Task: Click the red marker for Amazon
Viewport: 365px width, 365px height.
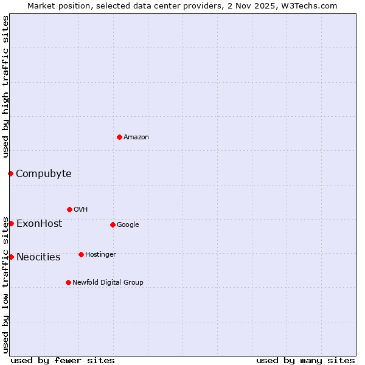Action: click(x=119, y=137)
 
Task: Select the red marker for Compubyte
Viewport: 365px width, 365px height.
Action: click(x=10, y=173)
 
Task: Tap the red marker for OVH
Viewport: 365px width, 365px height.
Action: click(x=69, y=209)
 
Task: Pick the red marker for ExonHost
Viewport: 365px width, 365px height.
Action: click(x=11, y=223)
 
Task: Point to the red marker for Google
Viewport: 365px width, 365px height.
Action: click(x=113, y=224)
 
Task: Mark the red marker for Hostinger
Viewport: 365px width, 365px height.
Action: click(x=81, y=254)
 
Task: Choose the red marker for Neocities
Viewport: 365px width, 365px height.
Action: click(x=11, y=257)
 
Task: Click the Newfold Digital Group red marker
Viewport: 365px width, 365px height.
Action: click(x=68, y=282)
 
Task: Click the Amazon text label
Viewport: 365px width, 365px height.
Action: click(x=136, y=137)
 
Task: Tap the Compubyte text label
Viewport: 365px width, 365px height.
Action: click(x=44, y=174)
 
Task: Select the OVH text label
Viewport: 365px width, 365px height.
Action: click(x=81, y=210)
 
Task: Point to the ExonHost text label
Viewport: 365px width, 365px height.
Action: click(x=40, y=224)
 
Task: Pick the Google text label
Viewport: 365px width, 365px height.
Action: click(x=128, y=225)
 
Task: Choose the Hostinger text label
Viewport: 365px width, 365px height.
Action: click(x=100, y=255)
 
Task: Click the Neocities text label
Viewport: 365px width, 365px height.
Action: click(x=38, y=257)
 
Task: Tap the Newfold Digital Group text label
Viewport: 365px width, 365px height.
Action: click(x=108, y=283)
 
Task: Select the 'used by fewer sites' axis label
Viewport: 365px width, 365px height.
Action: click(x=63, y=360)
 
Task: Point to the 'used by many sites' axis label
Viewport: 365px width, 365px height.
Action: click(x=305, y=360)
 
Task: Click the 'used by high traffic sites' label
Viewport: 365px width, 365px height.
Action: click(x=6, y=87)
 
